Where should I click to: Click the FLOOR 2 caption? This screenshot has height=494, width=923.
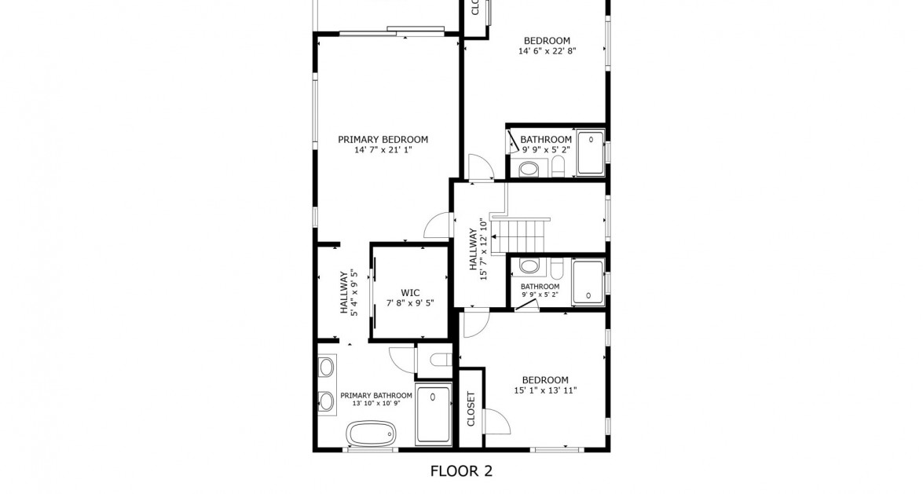tap(461, 471)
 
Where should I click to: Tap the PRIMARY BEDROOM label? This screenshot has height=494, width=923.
tap(383, 140)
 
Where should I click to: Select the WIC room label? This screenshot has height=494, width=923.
tap(409, 292)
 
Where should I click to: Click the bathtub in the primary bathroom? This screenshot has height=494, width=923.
tap(371, 432)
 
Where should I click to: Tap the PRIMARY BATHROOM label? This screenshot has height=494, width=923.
tap(376, 396)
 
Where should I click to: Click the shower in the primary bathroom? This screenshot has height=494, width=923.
tap(433, 415)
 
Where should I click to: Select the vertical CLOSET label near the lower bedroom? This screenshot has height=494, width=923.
tap(471, 409)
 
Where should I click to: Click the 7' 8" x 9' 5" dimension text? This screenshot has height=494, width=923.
tap(409, 302)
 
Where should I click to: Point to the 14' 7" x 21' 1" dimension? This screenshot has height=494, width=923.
tap(383, 149)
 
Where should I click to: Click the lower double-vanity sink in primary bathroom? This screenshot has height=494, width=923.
tap(326, 401)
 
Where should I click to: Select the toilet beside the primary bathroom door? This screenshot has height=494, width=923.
tap(439, 360)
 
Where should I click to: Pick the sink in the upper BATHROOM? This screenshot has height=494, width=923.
tap(529, 167)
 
